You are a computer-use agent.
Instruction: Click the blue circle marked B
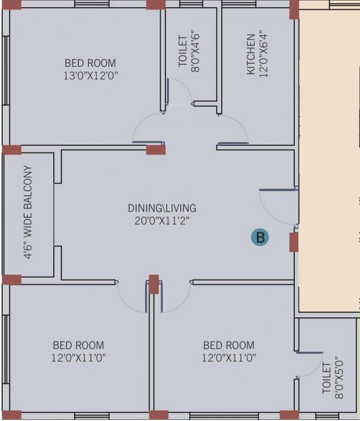point(260,237)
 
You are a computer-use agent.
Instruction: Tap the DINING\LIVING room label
point(162,208)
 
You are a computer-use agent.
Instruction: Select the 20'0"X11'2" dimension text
point(162,221)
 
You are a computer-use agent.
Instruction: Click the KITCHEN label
point(250,54)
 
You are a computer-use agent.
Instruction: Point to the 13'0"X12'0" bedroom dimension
point(91,76)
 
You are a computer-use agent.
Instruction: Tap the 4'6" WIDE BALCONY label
point(28,212)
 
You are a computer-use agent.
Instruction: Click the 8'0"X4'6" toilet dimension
point(196,53)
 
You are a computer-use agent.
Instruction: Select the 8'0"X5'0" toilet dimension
point(339,378)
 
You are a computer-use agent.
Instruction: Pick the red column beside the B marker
point(294,242)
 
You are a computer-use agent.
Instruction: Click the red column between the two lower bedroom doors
point(153,284)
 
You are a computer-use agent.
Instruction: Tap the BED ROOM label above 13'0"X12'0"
point(90,63)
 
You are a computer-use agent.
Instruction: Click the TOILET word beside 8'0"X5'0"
point(327,378)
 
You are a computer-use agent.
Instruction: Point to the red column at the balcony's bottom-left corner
point(12,280)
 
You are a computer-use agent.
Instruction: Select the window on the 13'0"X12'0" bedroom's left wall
point(6,71)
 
